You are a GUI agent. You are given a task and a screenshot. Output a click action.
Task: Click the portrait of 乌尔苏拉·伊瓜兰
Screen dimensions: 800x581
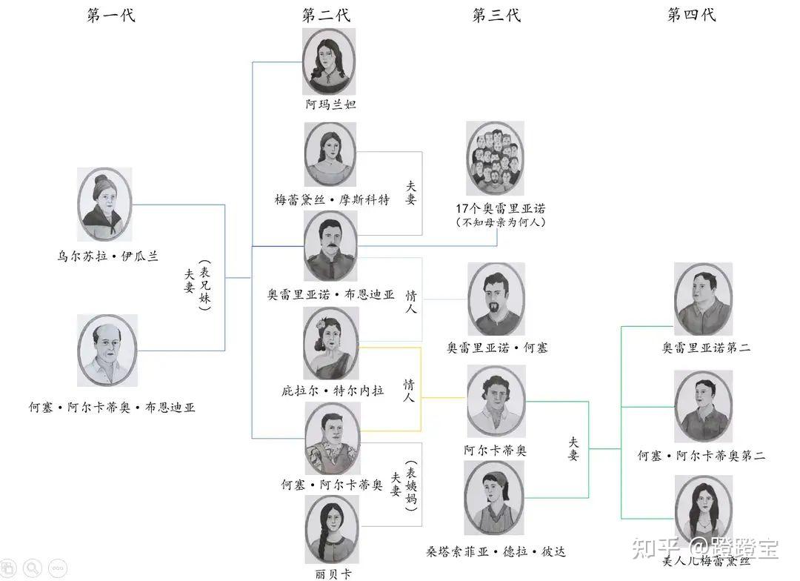[104, 204]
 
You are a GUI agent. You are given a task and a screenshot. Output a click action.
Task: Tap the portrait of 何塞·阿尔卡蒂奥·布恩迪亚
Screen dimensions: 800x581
[107, 351]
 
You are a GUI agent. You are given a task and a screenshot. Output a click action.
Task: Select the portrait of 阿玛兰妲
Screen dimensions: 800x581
[330, 62]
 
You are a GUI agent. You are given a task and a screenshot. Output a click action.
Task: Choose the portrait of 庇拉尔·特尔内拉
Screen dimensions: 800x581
[331, 343]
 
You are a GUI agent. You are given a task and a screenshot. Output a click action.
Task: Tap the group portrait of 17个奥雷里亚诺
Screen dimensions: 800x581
[495, 158]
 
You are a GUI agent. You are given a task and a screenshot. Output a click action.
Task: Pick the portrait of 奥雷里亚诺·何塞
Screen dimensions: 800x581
[496, 298]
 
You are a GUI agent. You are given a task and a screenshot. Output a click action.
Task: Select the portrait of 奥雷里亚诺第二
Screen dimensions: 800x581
[703, 299]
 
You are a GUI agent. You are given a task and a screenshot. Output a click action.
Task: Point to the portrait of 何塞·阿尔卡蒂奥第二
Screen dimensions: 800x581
[703, 406]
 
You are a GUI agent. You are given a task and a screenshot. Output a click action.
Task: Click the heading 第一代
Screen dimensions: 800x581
[111, 16]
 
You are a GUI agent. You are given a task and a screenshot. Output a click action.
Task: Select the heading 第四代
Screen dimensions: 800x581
[692, 16]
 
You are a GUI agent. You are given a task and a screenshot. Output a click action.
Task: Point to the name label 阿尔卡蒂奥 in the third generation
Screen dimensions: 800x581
[496, 450]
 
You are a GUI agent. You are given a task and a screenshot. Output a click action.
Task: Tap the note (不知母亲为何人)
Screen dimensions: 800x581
[500, 222]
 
